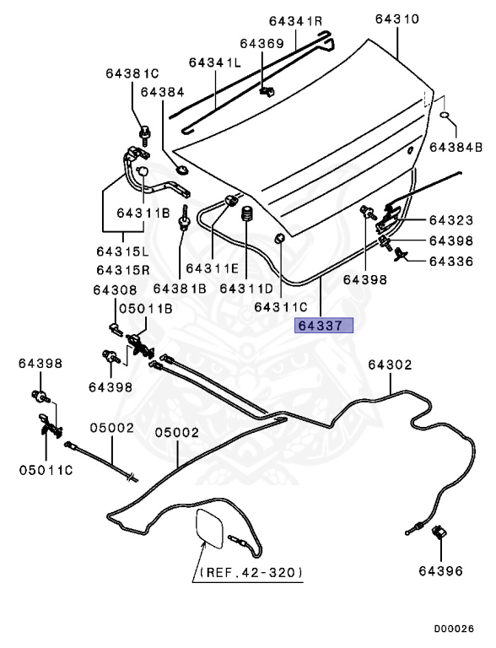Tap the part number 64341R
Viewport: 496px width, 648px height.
[296, 21]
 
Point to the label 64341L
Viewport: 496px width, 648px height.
[215, 62]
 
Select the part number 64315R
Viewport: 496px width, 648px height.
[122, 270]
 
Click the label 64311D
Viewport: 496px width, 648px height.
[245, 289]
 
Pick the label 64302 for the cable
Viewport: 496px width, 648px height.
[390, 364]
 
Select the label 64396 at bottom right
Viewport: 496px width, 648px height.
[439, 571]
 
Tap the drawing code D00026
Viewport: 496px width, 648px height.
[454, 629]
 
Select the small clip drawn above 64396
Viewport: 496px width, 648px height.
[439, 533]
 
